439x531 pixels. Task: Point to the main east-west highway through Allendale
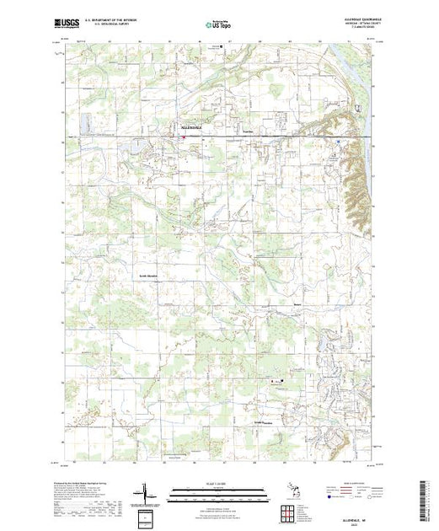(253, 136)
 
